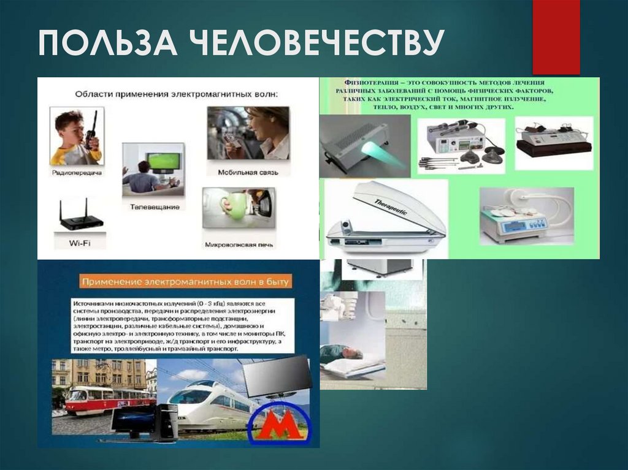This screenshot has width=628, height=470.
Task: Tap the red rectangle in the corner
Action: tap(556, 37)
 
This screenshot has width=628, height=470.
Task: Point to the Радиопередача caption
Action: tap(77, 173)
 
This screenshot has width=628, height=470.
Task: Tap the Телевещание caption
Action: tap(155, 207)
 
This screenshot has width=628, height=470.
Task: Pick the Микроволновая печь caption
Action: tap(239, 245)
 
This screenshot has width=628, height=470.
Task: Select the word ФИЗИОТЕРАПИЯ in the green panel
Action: tap(362, 81)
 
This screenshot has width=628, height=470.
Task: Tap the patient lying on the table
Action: tap(341, 354)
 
